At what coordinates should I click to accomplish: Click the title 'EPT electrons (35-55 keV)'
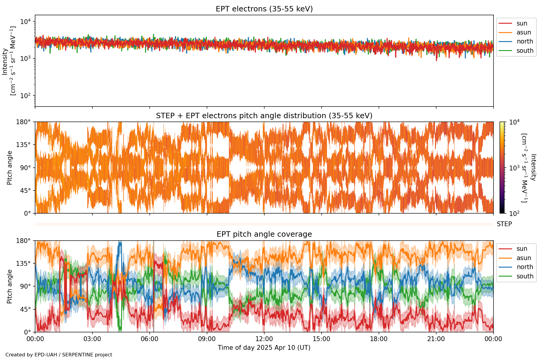264,9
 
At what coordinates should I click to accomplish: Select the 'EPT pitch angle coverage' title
264,234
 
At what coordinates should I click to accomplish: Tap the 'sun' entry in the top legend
522,23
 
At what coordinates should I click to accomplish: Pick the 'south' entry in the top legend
525,51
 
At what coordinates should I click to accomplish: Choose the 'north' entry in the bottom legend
525,267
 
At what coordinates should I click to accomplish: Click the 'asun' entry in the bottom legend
523,258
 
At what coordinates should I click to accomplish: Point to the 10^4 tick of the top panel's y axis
25,22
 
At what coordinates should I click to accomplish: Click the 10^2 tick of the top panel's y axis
25,96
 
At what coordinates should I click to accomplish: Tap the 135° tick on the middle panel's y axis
25,145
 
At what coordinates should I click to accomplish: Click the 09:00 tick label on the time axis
207,339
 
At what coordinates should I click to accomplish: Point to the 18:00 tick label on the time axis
379,339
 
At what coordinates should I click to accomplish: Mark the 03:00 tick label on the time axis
92,339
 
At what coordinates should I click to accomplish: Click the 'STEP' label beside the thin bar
504,224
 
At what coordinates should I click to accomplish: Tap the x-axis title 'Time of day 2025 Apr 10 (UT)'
264,348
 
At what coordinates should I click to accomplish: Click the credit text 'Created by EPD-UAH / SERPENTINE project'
59,355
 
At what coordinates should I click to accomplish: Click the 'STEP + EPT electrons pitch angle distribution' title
264,116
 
